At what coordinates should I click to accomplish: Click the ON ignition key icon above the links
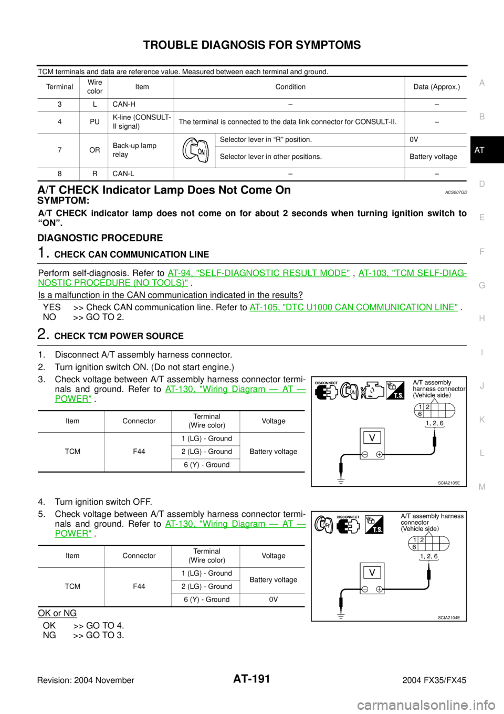[196, 150]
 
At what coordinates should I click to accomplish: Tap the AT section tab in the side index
[479, 150]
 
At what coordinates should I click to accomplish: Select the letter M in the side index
[482, 487]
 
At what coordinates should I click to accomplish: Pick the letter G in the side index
[482, 285]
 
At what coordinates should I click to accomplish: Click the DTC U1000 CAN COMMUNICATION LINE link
[354, 307]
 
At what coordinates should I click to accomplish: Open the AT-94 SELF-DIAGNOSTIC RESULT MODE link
[258, 273]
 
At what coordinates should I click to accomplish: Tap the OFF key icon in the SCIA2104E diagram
[322, 524]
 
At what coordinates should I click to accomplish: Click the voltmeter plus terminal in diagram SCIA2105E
[379, 454]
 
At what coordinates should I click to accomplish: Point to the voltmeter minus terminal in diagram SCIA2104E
[365, 589]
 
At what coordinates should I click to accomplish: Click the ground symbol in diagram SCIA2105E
[341, 481]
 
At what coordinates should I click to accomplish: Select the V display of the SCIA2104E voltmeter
[372, 572]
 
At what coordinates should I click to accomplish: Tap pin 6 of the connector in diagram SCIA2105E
[420, 414]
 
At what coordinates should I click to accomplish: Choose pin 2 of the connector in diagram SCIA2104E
[422, 540]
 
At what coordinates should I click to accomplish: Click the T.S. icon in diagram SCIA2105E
[395, 390]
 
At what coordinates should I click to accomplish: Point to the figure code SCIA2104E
[449, 618]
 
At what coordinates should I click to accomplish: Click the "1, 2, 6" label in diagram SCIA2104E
[429, 556]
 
